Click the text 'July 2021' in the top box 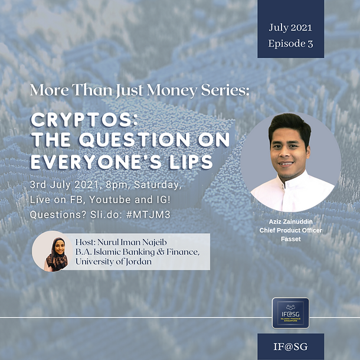pyautogui.click(x=290, y=27)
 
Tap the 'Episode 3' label pyautogui.click(x=290, y=44)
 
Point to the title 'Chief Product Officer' pyautogui.click(x=290, y=230)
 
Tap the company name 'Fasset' pyautogui.click(x=290, y=239)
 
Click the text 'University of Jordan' pyautogui.click(x=114, y=261)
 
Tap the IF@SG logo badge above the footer pyautogui.click(x=290, y=313)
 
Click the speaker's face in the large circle pyautogui.click(x=290, y=148)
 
